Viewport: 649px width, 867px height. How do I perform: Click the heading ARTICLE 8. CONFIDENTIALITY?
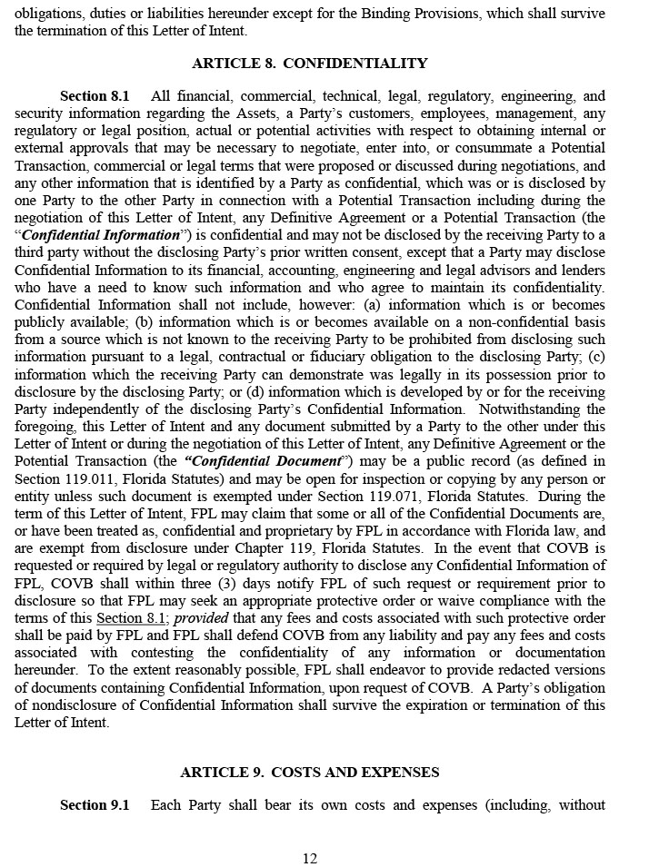click(309, 64)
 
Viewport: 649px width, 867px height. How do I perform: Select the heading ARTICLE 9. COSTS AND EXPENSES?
click(309, 773)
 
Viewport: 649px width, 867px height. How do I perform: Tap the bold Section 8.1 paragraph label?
click(95, 96)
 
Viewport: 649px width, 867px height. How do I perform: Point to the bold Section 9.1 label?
click(95, 805)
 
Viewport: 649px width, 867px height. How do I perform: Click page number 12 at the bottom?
click(310, 859)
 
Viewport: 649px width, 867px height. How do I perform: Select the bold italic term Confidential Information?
click(100, 235)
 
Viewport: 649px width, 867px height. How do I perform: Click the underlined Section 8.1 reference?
click(132, 618)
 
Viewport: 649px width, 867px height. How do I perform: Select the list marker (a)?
click(371, 305)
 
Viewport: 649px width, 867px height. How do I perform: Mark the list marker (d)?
click(285, 391)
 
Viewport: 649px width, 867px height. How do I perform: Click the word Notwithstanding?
click(553, 409)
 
